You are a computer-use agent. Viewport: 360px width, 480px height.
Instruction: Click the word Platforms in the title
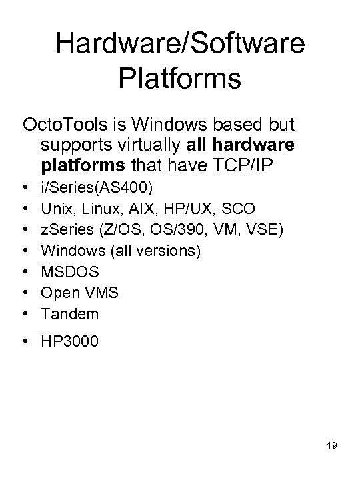180,78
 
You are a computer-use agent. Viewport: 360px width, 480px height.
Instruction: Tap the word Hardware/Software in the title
180,44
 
